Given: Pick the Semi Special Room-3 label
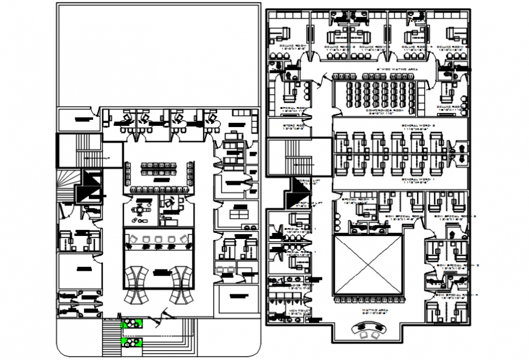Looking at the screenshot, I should pyautogui.click(x=458, y=266).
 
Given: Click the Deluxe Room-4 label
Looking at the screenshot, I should pyautogui.click(x=418, y=47).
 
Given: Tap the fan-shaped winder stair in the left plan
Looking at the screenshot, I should pyautogui.click(x=67, y=185).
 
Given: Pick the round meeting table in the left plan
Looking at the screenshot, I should pyautogui.click(x=140, y=209).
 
